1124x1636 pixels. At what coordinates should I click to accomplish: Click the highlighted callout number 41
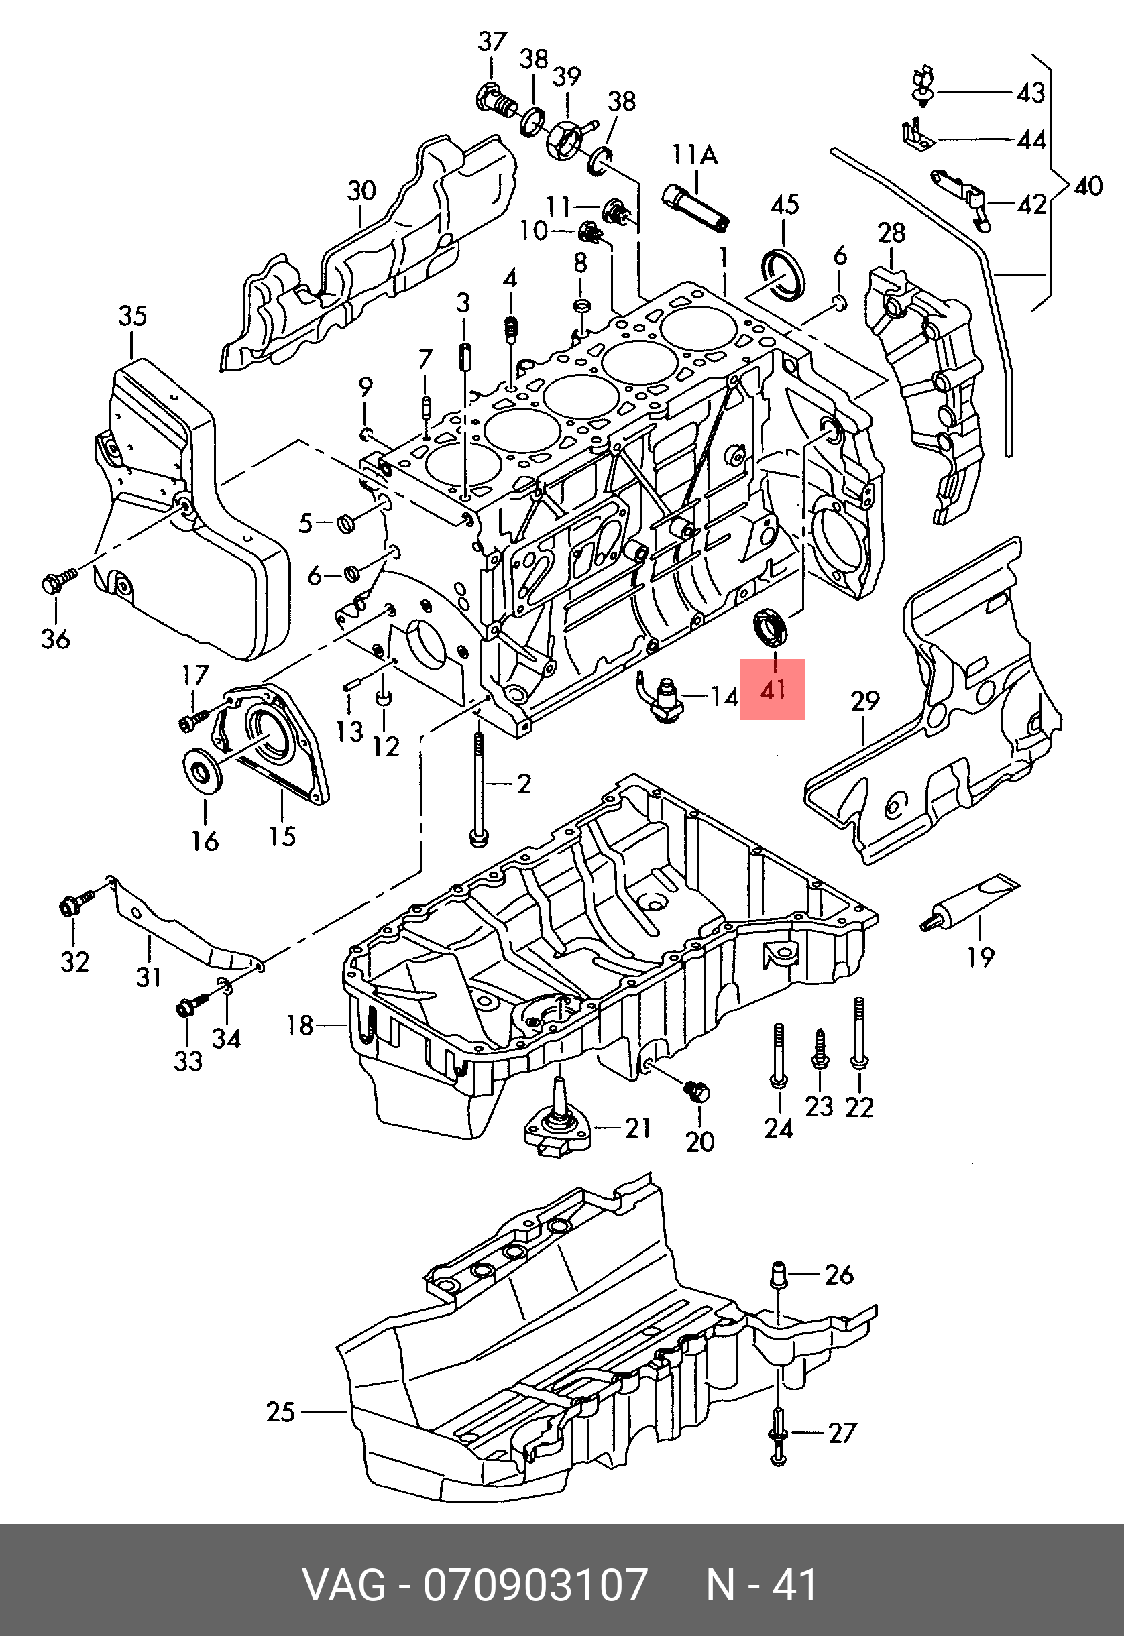click(772, 689)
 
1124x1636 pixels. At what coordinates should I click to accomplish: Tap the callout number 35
click(132, 316)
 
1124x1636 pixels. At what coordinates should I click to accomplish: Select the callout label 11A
click(694, 154)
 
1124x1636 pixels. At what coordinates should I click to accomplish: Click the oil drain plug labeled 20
click(697, 1092)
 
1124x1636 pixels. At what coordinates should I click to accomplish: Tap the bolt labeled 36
click(59, 580)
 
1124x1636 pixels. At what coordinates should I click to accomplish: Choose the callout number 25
click(280, 1411)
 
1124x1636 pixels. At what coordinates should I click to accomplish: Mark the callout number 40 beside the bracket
click(1087, 186)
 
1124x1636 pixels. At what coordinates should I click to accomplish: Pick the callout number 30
click(361, 191)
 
